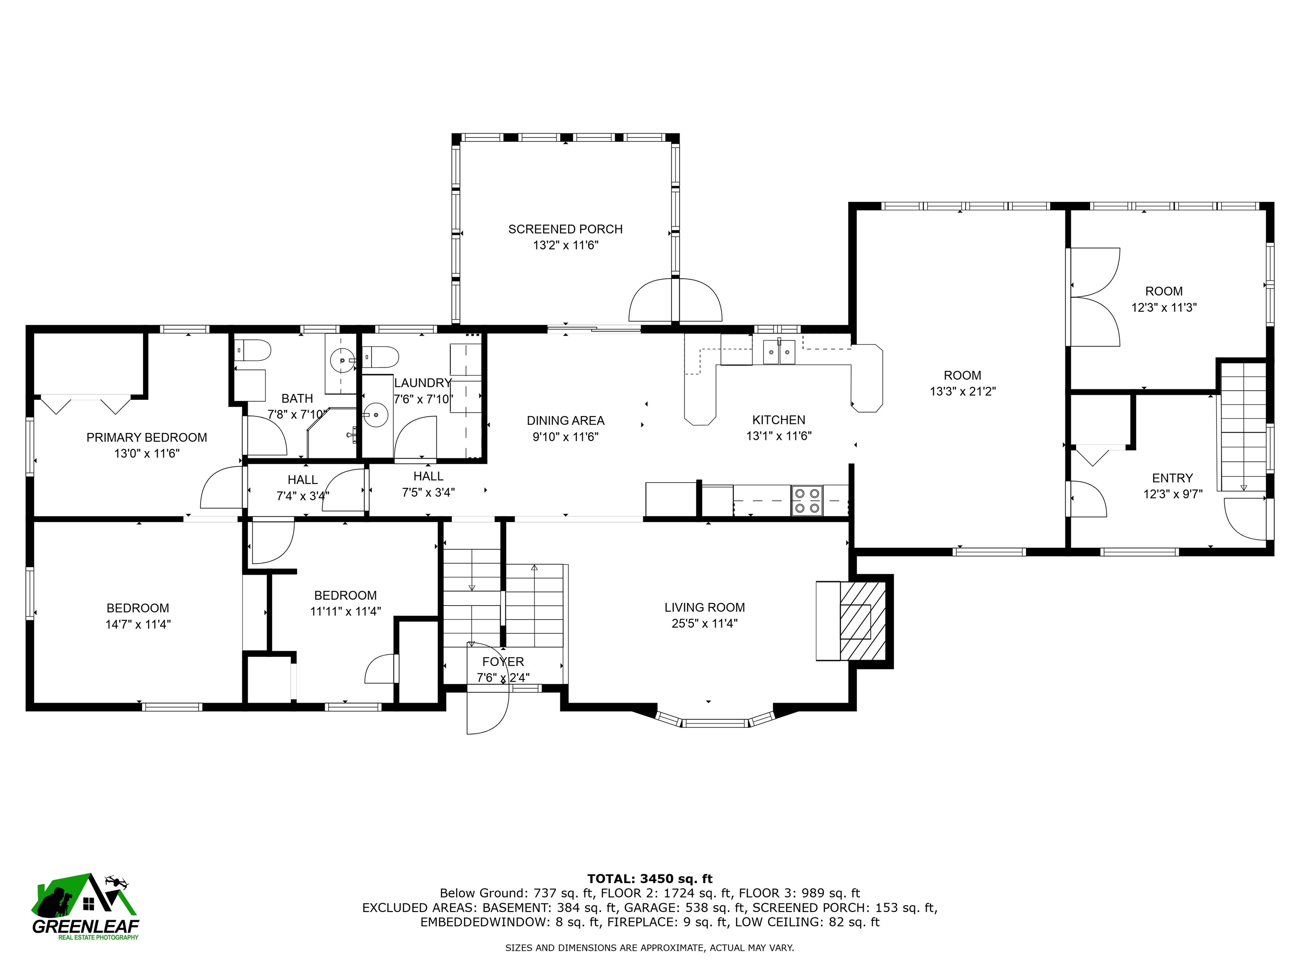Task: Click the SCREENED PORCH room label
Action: tap(565, 229)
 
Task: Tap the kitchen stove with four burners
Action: tap(806, 501)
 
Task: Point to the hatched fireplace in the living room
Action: tap(862, 621)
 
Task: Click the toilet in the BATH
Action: tap(252, 351)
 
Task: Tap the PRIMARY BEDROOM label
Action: tap(147, 437)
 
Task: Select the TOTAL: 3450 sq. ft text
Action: tap(650, 879)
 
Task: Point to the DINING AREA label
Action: tap(565, 421)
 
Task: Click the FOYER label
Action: tap(503, 662)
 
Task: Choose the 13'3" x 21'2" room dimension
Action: tap(963, 391)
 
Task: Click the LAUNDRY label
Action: tap(423, 383)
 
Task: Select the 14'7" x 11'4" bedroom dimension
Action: tap(138, 624)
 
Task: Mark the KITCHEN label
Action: tap(779, 420)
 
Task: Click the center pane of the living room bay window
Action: tap(715, 723)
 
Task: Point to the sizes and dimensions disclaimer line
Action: tap(650, 948)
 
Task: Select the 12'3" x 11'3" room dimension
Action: tap(1164, 307)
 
